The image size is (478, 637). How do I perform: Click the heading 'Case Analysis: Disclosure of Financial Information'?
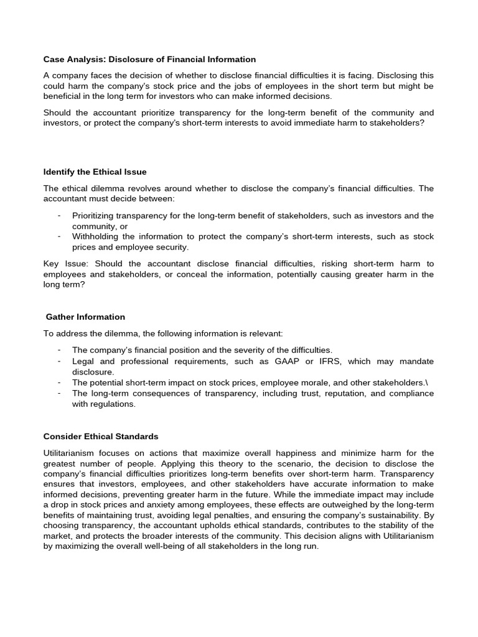pos(149,60)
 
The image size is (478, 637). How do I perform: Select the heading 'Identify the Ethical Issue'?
pos(95,172)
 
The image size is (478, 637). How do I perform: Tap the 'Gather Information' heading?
pos(85,317)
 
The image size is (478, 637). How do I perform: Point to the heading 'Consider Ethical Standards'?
pos(101,436)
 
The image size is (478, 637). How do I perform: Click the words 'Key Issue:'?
pos(59,264)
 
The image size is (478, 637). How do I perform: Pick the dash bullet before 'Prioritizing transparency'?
pos(59,215)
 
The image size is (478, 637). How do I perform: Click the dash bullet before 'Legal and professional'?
pos(59,361)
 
